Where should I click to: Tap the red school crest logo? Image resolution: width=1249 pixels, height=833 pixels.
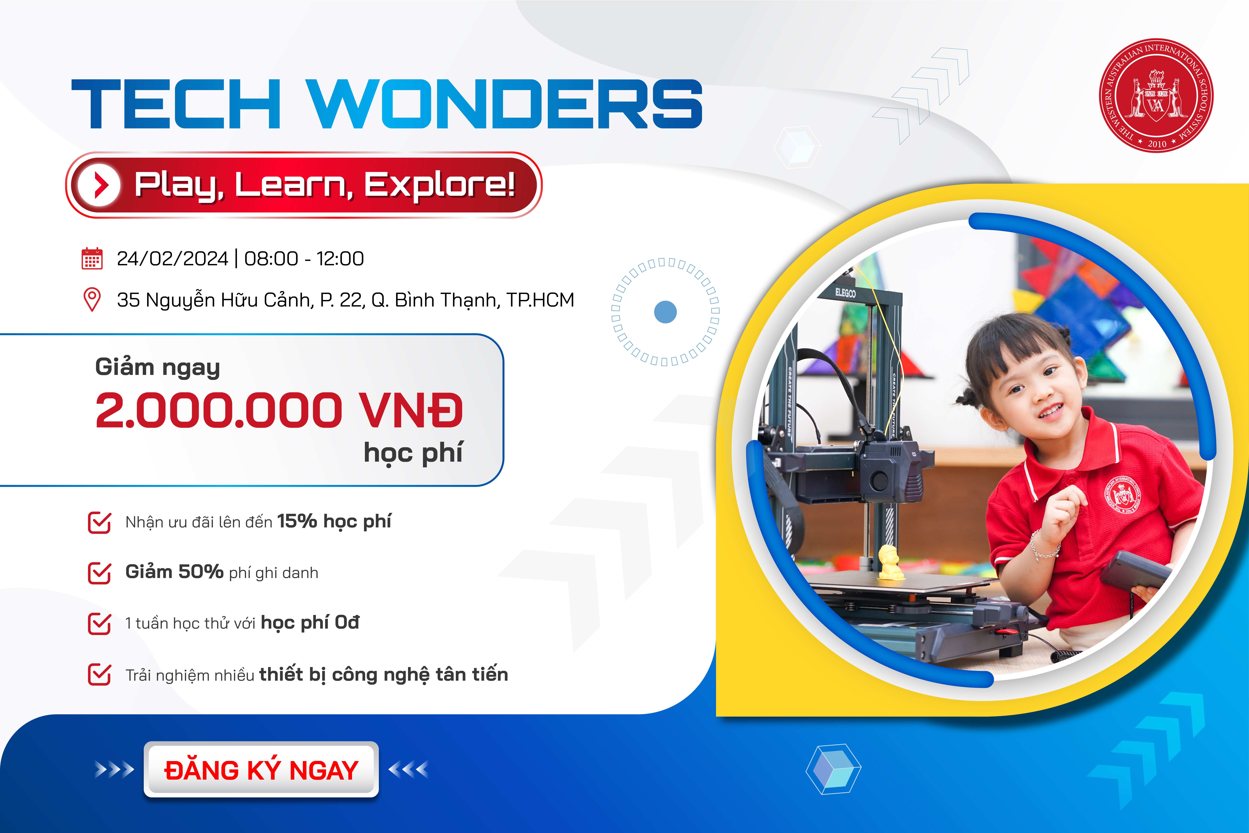tap(1156, 96)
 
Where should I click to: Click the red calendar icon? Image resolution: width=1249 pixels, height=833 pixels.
tap(92, 259)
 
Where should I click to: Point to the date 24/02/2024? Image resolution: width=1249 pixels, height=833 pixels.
tap(172, 259)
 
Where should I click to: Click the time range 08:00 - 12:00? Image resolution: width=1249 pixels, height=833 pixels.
tap(304, 259)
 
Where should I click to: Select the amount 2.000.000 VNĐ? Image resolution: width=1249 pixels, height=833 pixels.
tap(279, 410)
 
